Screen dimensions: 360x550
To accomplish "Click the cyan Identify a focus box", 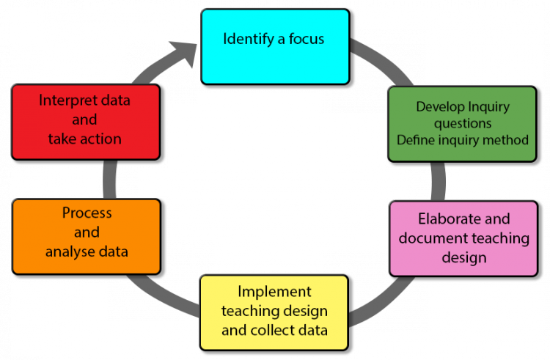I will (x=274, y=46).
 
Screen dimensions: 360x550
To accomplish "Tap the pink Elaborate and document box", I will (x=463, y=238).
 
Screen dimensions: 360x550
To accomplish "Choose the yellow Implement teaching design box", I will (x=274, y=312).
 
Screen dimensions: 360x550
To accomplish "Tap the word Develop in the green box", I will (x=439, y=107).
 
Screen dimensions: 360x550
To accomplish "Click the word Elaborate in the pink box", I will (x=445, y=218).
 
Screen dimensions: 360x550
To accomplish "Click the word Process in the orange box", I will (x=87, y=213).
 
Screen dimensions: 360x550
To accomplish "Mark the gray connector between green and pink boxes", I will (x=428, y=181).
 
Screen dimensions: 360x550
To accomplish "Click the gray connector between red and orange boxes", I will (x=118, y=180).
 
